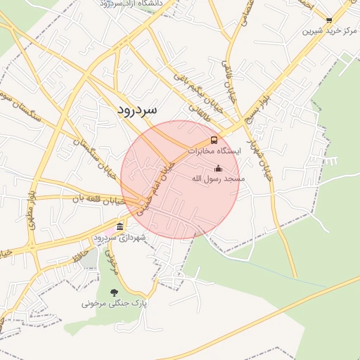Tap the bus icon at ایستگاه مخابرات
point(214,140)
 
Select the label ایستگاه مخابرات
point(214,151)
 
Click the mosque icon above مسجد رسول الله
point(218,169)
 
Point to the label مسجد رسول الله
point(218,179)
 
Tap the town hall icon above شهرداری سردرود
point(120,226)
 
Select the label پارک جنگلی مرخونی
point(115,304)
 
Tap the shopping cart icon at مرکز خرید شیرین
point(328,20)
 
